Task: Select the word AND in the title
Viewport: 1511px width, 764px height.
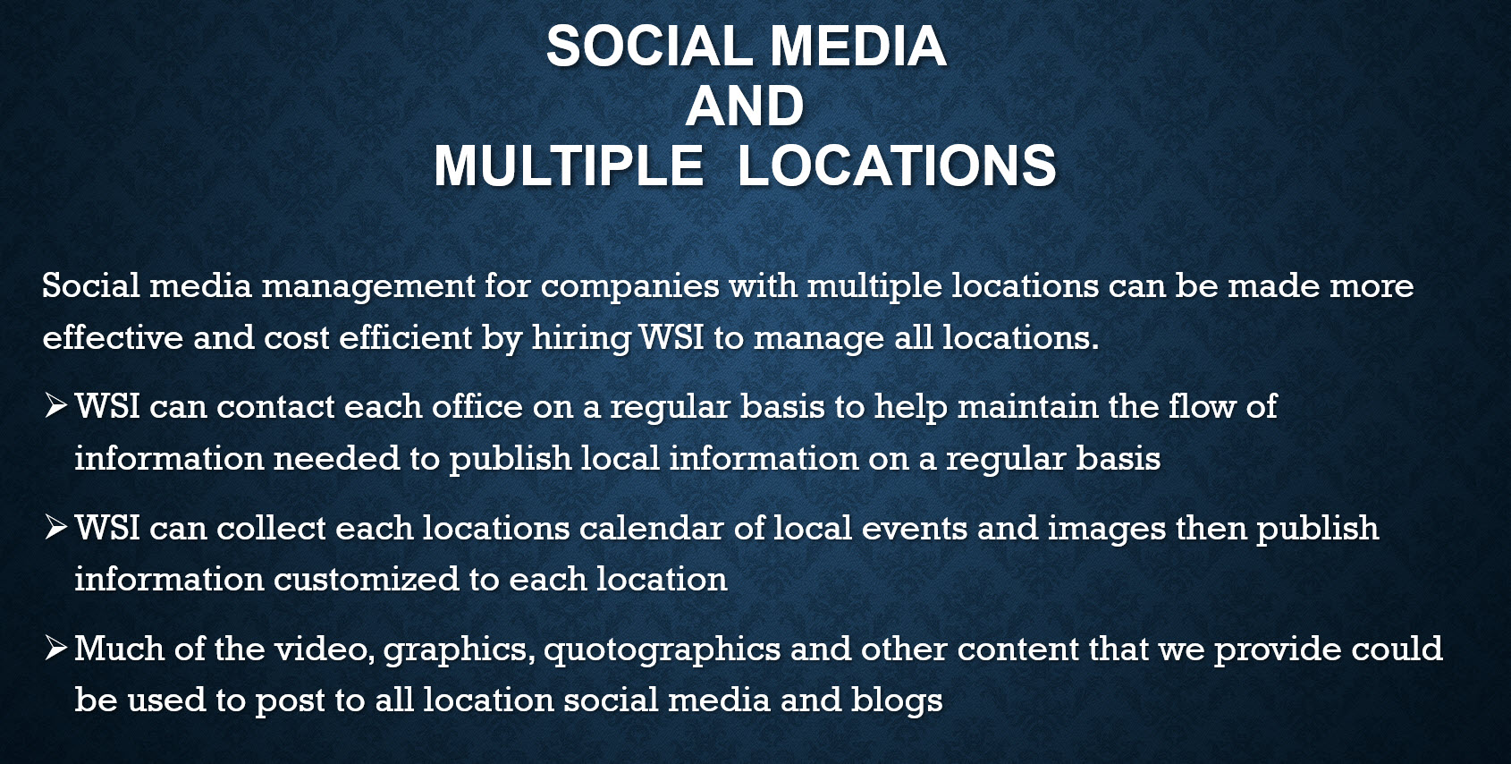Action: pos(745,106)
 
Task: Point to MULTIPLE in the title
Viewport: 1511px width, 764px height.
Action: pos(569,166)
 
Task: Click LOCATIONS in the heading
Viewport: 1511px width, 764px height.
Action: pos(897,166)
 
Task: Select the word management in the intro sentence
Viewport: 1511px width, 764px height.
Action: pos(368,287)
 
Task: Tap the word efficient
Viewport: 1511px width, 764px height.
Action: pos(405,337)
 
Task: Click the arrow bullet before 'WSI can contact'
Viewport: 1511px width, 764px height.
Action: pos(56,406)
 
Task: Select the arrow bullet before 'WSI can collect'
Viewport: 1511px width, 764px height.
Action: pos(56,527)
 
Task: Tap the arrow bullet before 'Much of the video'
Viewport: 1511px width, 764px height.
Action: pos(56,648)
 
